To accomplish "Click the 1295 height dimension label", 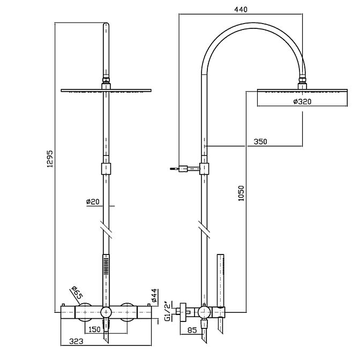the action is tap(50, 159).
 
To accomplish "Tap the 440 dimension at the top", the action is tap(241, 10).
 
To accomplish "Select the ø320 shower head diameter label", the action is tap(302, 101).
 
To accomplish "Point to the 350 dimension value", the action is tap(260, 141).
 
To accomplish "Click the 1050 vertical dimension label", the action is tap(241, 193).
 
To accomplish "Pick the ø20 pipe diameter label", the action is tap(93, 201).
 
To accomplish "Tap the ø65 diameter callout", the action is tap(77, 292).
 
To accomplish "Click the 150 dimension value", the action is tap(94, 329).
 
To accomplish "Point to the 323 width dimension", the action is tap(76, 341).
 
